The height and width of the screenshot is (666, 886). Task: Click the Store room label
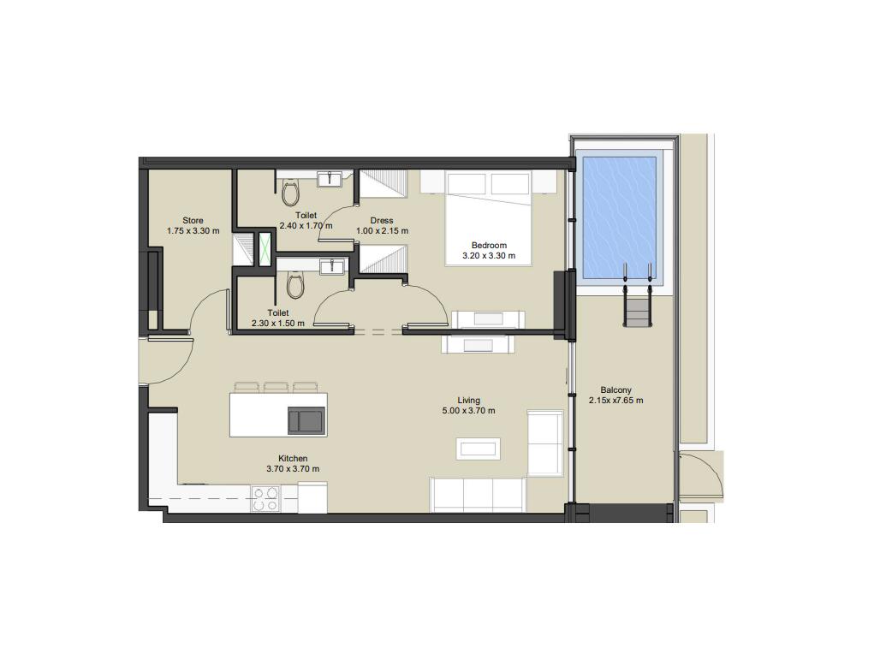tap(193, 220)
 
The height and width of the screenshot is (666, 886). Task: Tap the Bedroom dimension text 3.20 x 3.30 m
tap(489, 255)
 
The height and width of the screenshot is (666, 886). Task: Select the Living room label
tap(469, 401)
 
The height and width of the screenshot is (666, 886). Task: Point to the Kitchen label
tap(293, 459)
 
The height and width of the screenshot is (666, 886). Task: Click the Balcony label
tap(615, 389)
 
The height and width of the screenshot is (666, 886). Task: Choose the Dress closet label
tap(382, 220)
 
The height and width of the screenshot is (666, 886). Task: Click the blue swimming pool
tap(619, 217)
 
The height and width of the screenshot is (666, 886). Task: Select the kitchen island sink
tap(306, 421)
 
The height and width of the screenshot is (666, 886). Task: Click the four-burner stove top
tap(265, 499)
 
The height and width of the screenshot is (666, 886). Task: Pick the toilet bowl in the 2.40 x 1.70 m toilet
tap(290, 193)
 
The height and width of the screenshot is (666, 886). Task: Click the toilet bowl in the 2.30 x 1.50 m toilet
tap(295, 285)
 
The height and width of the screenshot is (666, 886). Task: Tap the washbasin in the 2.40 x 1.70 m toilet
tap(329, 179)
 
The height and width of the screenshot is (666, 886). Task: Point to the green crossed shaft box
tap(265, 248)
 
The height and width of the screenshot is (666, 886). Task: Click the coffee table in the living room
tap(478, 449)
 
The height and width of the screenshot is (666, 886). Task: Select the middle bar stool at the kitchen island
tap(276, 388)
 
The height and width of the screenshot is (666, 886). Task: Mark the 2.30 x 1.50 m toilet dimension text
tap(278, 323)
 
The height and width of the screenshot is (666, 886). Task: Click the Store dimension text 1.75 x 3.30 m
tap(193, 230)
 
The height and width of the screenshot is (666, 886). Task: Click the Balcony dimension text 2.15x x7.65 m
tap(615, 401)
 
